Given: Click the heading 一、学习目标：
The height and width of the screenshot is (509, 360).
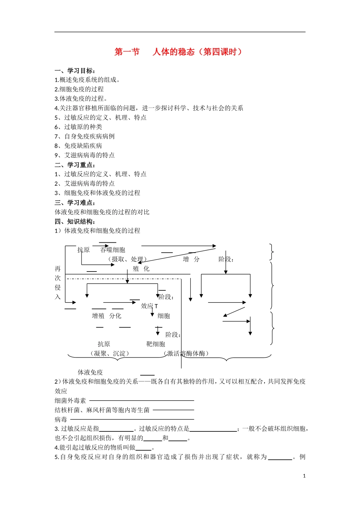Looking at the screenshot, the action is (x=75, y=71).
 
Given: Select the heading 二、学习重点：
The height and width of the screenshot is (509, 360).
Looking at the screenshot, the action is (x=75, y=165).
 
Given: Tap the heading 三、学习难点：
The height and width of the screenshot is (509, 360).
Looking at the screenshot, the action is (x=75, y=203).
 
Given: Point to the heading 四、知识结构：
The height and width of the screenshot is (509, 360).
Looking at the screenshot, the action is (x=75, y=222).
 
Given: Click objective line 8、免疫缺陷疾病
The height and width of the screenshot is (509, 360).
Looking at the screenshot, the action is (x=78, y=146).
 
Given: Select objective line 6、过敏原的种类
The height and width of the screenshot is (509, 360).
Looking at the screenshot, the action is (x=78, y=127).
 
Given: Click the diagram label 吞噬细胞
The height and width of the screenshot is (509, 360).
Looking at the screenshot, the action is (x=113, y=250).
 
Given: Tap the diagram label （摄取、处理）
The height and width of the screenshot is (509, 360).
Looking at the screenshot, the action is (x=127, y=259).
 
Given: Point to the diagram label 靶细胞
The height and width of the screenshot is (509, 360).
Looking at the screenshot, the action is (x=156, y=344).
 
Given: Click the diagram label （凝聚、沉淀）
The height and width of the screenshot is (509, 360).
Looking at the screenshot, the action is (x=110, y=354).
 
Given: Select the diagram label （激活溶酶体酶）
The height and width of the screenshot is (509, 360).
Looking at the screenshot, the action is (x=186, y=354).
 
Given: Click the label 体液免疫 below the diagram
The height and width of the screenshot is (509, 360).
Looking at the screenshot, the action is (x=90, y=373).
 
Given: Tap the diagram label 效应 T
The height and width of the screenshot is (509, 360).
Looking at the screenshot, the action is (x=149, y=306).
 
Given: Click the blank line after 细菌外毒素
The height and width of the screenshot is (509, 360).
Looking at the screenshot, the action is (x=141, y=400).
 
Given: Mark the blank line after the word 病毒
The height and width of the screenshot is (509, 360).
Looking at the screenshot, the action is (x=132, y=419).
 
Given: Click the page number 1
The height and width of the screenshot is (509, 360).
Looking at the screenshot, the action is (x=304, y=476).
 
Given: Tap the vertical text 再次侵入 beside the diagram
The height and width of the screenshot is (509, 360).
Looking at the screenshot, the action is (x=58, y=283).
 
